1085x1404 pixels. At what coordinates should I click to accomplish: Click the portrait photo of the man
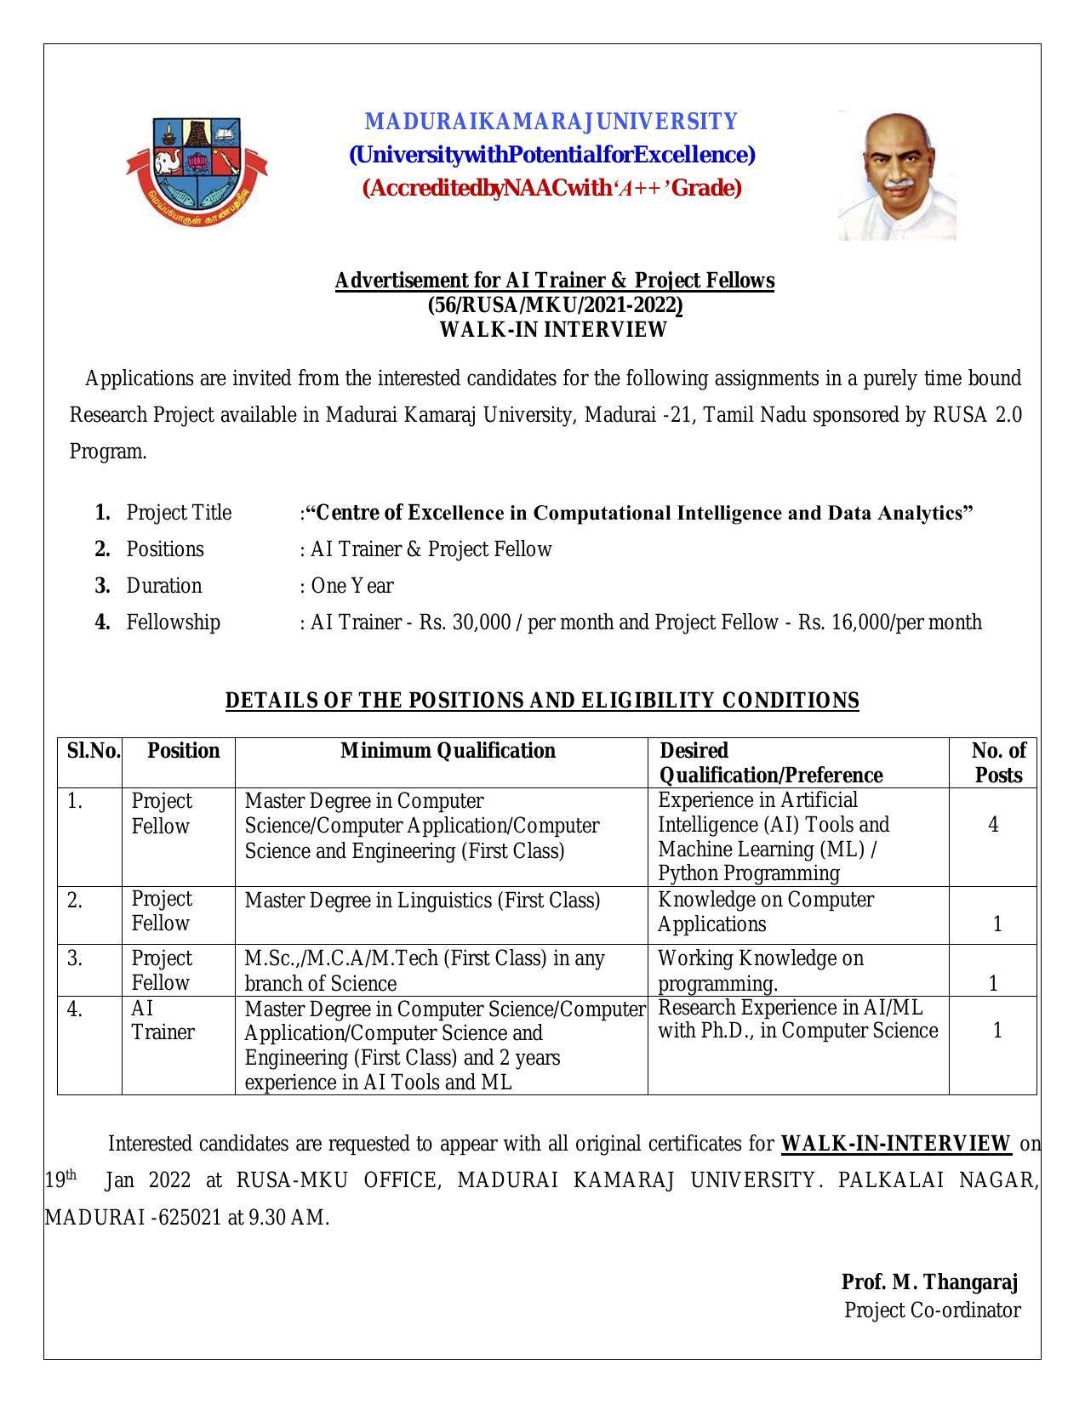pos(896,175)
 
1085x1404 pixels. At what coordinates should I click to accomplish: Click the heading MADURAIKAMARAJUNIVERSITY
pos(551,122)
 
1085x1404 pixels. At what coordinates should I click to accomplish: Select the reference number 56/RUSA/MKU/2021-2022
pos(555,305)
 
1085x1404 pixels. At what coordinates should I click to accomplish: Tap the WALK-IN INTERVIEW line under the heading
pos(553,330)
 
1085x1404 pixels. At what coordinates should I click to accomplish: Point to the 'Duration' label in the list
pos(164,586)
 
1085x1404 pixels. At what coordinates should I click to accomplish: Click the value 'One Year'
pos(351,586)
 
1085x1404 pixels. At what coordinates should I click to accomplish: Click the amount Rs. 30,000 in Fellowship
pos(464,622)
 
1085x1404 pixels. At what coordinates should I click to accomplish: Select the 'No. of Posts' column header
pos(997,763)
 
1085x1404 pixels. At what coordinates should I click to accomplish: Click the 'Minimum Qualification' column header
pos(448,751)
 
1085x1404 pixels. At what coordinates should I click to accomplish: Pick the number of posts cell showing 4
pos(993,825)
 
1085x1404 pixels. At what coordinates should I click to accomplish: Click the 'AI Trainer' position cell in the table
pos(163,1020)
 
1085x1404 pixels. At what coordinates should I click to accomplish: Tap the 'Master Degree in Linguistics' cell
pos(422,901)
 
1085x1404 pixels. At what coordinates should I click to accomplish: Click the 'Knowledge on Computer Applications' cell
pos(765,912)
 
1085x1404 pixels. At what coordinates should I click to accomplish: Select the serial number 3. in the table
pos(75,958)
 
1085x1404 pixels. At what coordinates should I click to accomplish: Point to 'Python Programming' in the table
pos(749,873)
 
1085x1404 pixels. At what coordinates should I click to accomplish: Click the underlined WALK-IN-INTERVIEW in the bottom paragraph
pos(895,1144)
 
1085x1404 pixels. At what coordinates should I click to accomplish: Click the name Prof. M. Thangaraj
pos(929,1282)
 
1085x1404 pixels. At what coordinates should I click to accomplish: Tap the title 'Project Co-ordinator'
pos(932,1310)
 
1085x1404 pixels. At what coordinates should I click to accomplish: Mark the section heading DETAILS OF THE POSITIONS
pos(542,701)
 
